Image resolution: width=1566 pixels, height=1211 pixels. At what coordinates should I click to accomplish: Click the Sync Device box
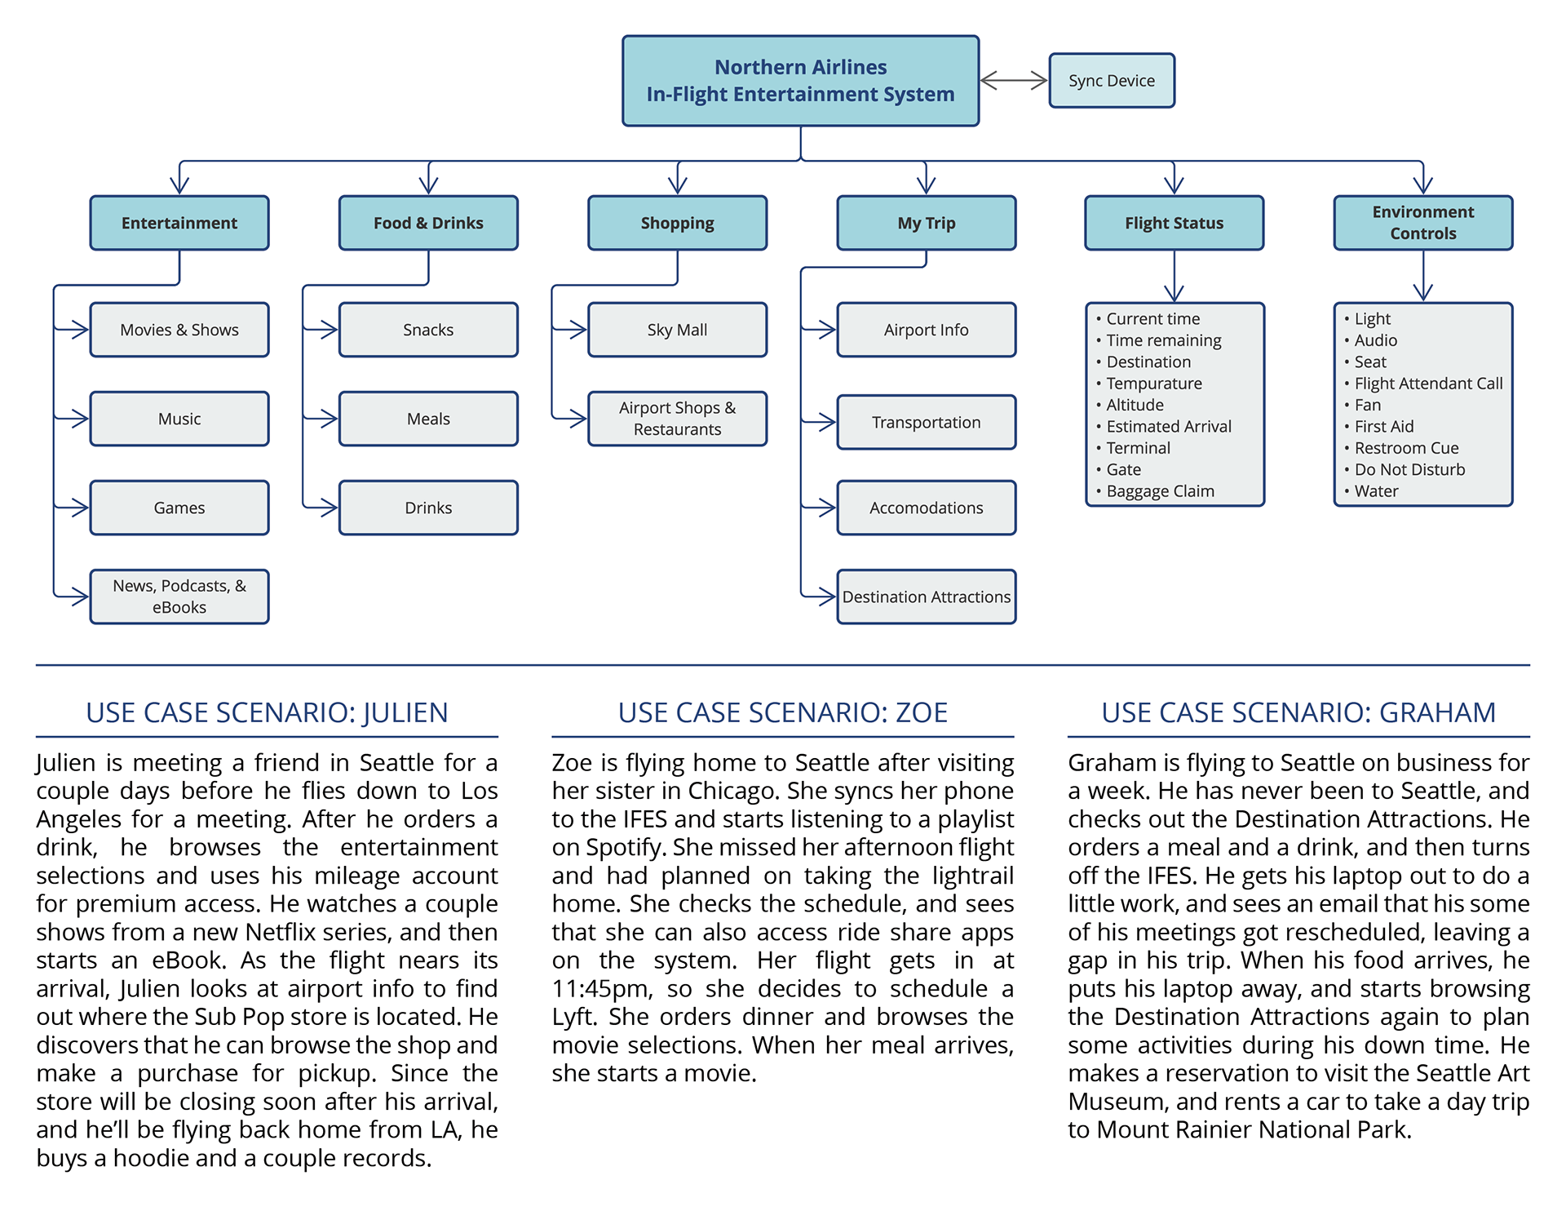[x=1111, y=81]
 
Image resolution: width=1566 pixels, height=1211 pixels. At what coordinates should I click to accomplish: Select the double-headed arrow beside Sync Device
[x=1014, y=80]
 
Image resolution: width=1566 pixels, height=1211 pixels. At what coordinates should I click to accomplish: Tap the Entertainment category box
[x=179, y=223]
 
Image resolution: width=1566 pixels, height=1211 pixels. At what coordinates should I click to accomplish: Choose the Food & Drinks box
[x=428, y=223]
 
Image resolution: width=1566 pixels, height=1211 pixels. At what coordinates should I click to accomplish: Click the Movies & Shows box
[x=179, y=330]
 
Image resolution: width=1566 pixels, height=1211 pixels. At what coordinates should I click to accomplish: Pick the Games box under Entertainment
[x=179, y=508]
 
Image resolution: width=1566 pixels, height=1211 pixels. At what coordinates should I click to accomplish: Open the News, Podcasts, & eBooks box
[x=179, y=597]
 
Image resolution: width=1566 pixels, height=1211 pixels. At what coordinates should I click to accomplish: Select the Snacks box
[x=428, y=330]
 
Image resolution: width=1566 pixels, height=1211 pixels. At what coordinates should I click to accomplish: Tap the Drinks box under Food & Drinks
[x=428, y=508]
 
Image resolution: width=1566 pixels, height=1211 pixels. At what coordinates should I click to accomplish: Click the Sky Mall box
[x=677, y=330]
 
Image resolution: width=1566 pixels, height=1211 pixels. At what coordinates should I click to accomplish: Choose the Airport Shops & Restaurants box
[x=677, y=419]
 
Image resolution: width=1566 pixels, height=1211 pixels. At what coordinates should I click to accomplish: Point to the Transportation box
[x=926, y=422]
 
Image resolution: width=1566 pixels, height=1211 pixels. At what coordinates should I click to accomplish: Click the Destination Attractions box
[x=926, y=597]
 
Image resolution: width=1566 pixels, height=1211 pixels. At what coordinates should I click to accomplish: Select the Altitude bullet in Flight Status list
[x=1135, y=405]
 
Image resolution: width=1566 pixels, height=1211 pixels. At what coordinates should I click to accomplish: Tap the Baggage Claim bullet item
[x=1160, y=491]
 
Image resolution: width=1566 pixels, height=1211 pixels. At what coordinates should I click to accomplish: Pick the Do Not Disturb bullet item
[x=1409, y=469]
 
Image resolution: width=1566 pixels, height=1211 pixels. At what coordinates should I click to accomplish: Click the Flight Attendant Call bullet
[x=1428, y=384]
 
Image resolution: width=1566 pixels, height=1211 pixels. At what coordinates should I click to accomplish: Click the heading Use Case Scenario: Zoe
[x=782, y=712]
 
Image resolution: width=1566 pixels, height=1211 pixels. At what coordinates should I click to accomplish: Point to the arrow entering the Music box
[x=78, y=419]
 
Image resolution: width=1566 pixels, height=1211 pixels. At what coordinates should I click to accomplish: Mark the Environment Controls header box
[x=1422, y=223]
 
